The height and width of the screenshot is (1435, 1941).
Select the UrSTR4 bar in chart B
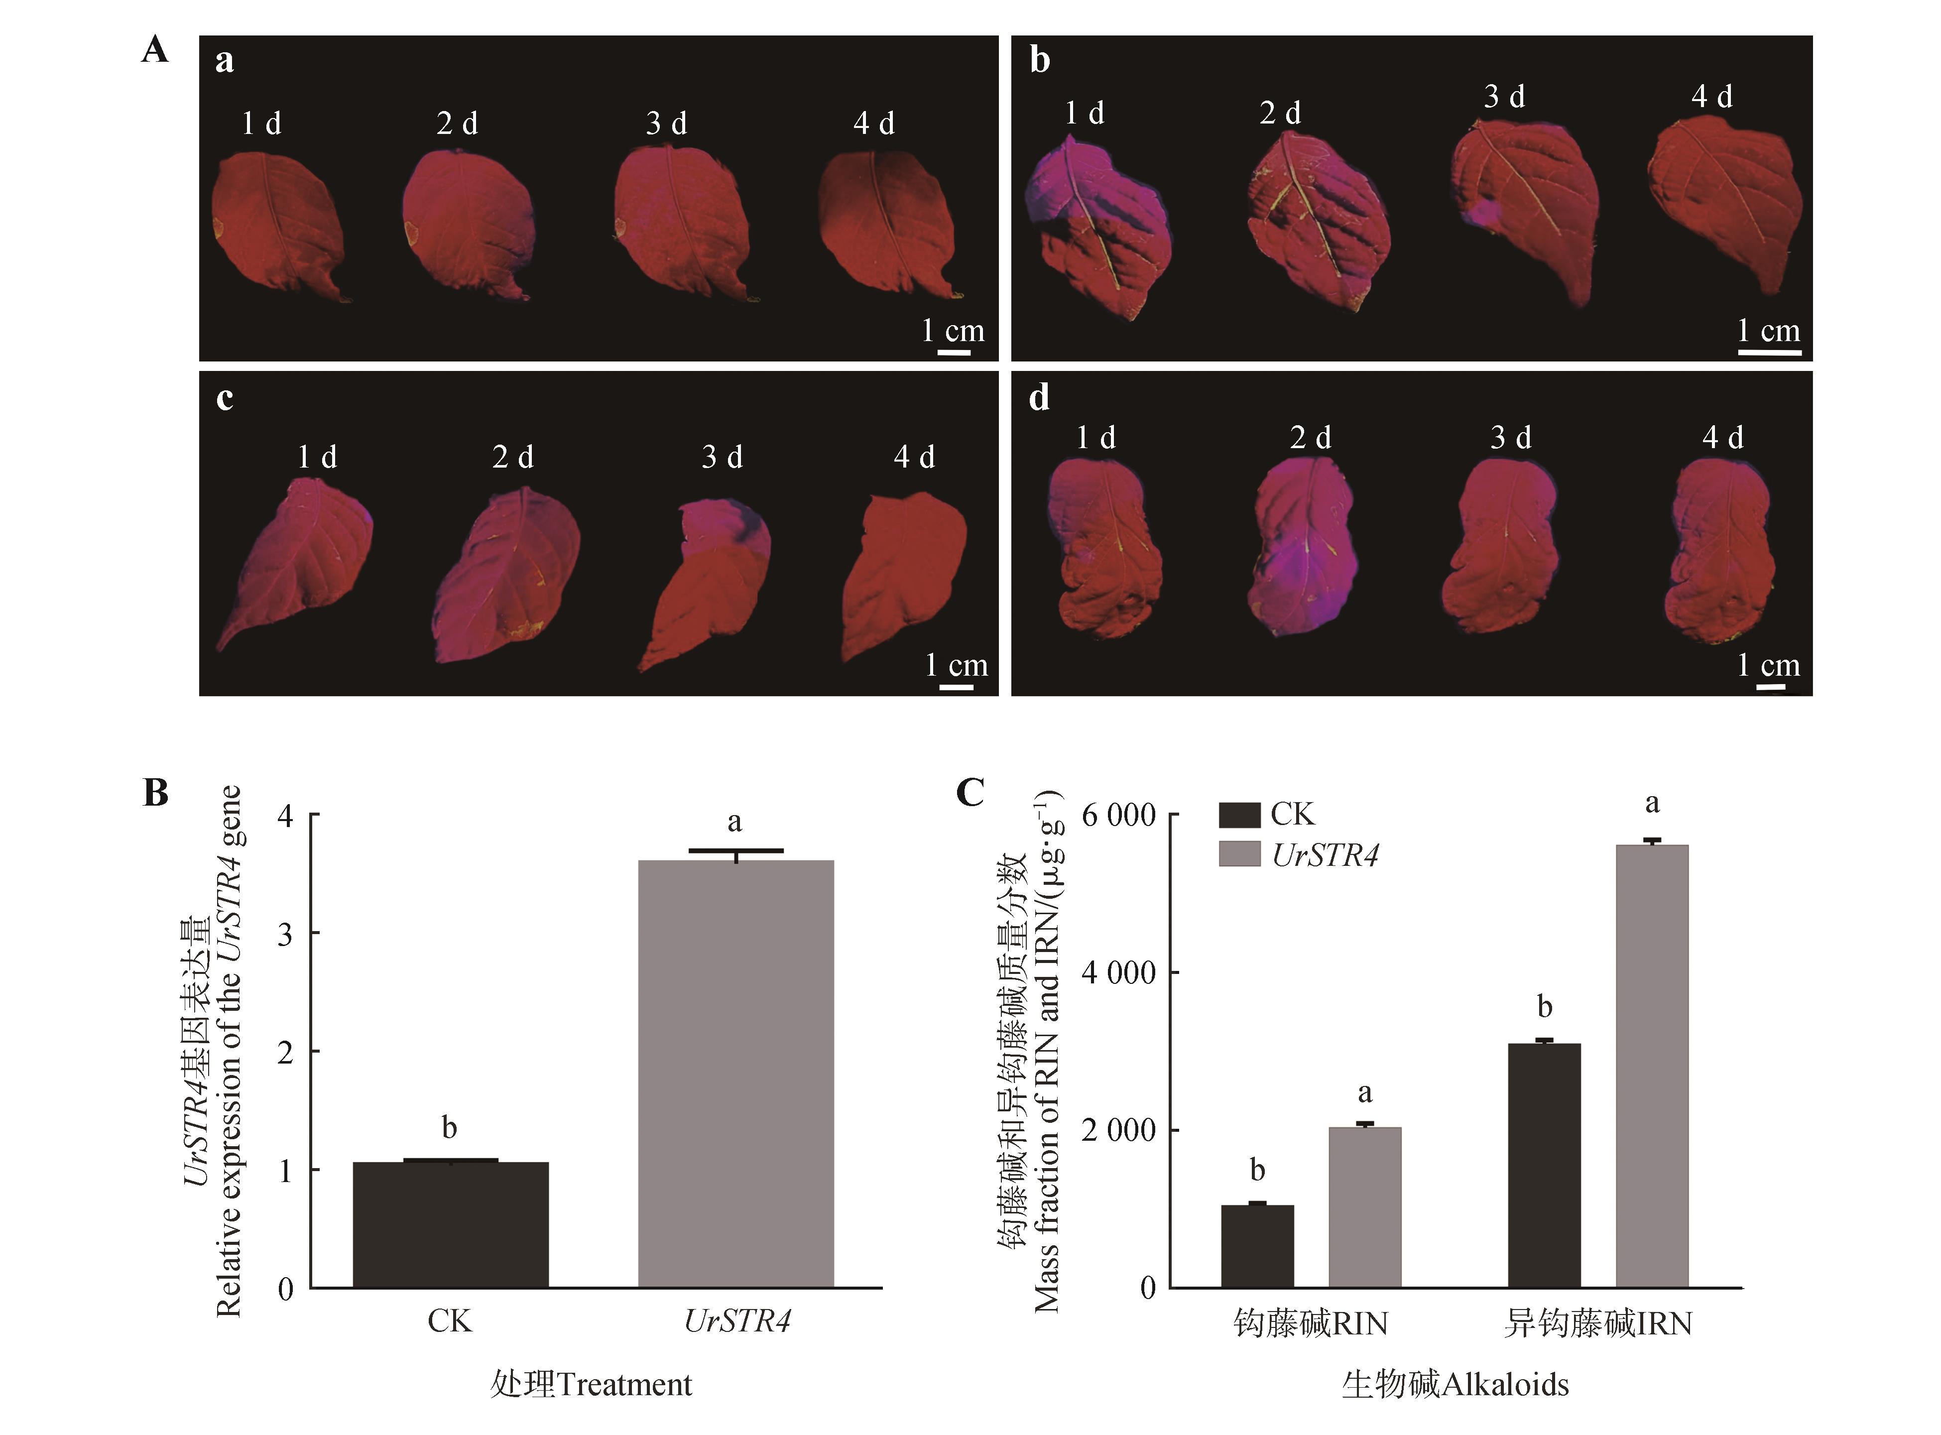[x=735, y=1074]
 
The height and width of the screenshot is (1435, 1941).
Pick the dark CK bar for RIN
[x=1257, y=1246]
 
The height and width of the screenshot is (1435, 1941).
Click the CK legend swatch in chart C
[x=1239, y=815]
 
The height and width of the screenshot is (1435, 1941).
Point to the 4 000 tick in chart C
[x=1118, y=972]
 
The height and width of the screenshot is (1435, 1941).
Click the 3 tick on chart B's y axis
[x=285, y=934]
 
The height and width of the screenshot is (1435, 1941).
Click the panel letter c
[x=224, y=398]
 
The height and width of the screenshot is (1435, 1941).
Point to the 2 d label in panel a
[x=457, y=123]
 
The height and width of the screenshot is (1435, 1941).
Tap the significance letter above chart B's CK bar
[x=449, y=1127]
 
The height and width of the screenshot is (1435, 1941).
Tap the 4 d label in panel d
[x=1722, y=437]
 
